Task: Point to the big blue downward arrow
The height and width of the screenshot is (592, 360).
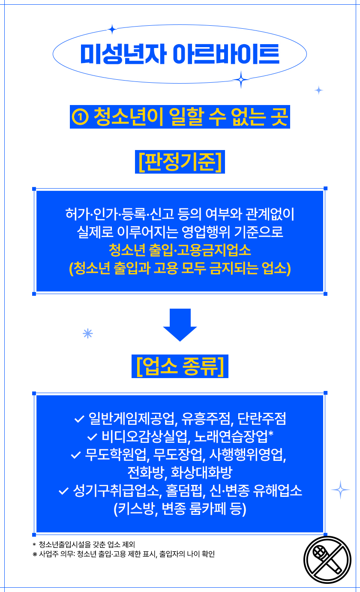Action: pos(180,325)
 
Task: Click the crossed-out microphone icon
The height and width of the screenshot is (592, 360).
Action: pos(327,559)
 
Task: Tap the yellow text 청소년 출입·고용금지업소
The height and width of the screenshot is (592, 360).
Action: pos(180,249)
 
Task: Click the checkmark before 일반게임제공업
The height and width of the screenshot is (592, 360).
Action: pos(79,418)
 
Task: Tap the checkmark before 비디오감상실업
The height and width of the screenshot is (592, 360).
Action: pos(92,437)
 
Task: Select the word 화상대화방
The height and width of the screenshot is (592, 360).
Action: pos(201,472)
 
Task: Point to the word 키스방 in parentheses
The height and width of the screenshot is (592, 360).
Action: pos(136,509)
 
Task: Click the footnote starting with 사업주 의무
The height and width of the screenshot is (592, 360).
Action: pos(124,554)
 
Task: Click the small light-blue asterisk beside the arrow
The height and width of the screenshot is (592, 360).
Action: pos(88,334)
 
